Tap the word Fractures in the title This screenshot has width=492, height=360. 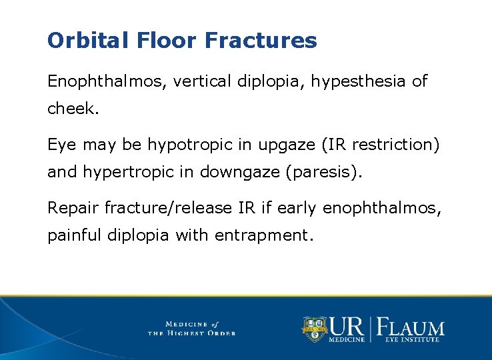click(x=261, y=41)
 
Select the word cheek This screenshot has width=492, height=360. click(x=73, y=109)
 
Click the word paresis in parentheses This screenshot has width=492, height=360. click(x=323, y=172)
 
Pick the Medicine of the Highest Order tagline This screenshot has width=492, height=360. click(x=191, y=328)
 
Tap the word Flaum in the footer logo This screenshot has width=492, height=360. click(x=411, y=327)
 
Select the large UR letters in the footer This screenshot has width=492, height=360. click(x=345, y=326)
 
